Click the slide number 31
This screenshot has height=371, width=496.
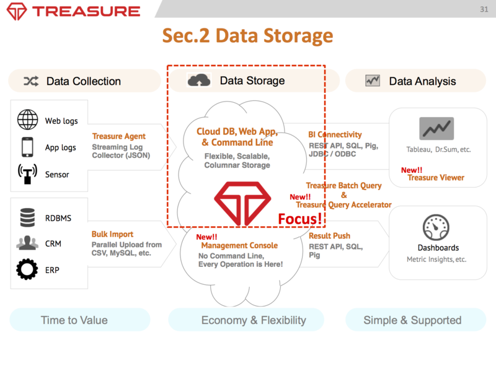(x=484, y=9)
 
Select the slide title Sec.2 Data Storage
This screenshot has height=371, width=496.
(x=247, y=35)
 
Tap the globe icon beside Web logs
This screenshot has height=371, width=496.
(x=27, y=120)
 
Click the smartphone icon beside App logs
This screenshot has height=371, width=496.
(x=27, y=147)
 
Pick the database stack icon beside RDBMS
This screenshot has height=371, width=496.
(x=27, y=217)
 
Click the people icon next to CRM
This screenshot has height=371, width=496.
(x=27, y=243)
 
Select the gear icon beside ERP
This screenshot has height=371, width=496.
(x=27, y=270)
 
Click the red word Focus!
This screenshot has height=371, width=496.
(x=300, y=219)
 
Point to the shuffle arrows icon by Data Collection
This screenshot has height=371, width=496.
(x=31, y=81)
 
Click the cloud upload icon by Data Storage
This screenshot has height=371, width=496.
(x=200, y=81)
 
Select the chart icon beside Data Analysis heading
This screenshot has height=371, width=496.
(x=373, y=81)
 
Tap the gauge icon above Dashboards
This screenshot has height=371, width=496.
(x=437, y=227)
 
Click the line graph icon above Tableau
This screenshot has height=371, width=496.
(x=436, y=128)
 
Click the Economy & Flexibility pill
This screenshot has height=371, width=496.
(x=254, y=320)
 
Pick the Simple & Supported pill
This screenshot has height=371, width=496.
(x=412, y=320)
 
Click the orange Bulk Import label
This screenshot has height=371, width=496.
(x=112, y=234)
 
